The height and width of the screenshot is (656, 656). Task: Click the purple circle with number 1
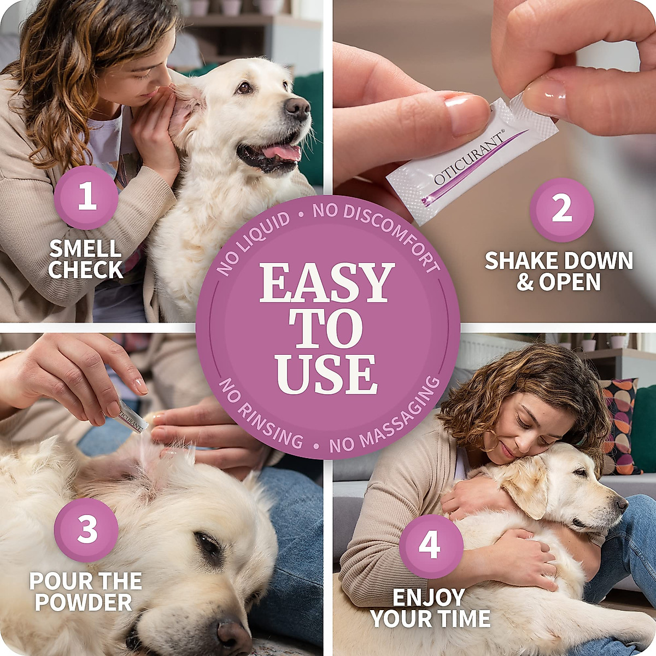coord(86,197)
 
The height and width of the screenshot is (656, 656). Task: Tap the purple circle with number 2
coord(561,209)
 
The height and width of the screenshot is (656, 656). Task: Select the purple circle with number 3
coord(86,530)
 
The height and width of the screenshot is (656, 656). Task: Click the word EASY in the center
coord(327,284)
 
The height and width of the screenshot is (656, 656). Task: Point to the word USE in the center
coord(327,374)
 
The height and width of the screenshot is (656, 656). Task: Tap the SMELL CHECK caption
coord(85,260)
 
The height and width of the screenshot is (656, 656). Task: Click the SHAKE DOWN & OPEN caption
coord(559,272)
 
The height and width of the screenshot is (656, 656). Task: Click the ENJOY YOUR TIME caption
coord(431,608)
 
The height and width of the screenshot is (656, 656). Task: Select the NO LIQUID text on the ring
coord(253,244)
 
